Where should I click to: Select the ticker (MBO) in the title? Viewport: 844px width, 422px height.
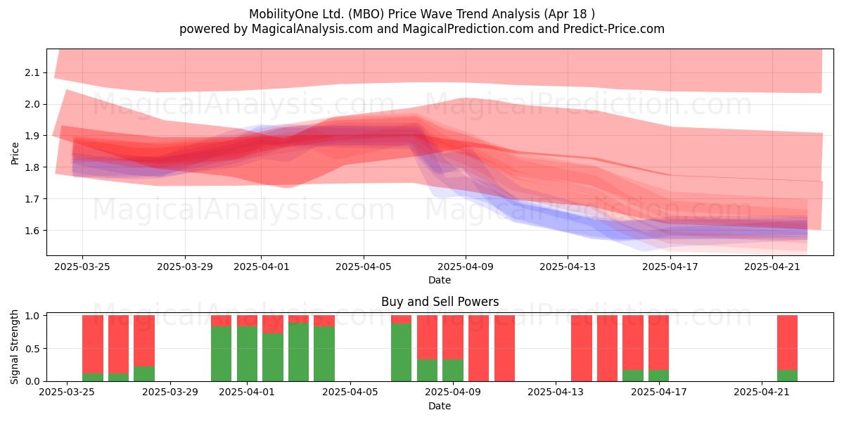[x=366, y=14]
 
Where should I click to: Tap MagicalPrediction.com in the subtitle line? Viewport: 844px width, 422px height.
[x=468, y=29]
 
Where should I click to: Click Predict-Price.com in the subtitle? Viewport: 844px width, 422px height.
[x=614, y=29]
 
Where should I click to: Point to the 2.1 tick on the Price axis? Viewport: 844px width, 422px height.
[x=32, y=72]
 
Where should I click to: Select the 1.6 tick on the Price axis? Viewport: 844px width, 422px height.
[x=32, y=230]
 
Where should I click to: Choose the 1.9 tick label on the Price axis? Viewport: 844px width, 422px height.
[x=32, y=136]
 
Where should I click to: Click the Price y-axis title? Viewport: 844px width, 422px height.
[x=15, y=153]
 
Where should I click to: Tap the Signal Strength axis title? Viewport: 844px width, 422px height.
[x=14, y=347]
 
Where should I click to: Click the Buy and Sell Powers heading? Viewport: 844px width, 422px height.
[x=440, y=302]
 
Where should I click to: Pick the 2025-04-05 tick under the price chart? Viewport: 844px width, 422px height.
[x=364, y=267]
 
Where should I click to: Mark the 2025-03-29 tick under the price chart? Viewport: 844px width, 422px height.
[x=184, y=267]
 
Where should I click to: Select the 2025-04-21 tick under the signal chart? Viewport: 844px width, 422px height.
[x=762, y=392]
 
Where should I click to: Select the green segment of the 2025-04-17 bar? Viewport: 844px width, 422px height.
[x=658, y=376]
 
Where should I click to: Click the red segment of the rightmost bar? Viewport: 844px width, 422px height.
[x=787, y=343]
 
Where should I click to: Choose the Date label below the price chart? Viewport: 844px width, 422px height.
[x=440, y=280]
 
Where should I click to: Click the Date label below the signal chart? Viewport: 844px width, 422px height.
[x=440, y=406]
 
